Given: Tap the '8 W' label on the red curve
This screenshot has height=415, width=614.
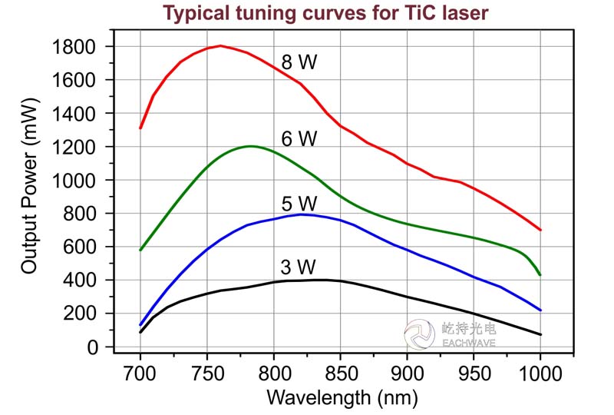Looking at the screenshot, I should point(299,63).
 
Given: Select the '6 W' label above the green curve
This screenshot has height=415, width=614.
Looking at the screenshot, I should point(299,139).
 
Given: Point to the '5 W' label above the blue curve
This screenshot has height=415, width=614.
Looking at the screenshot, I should point(299,204).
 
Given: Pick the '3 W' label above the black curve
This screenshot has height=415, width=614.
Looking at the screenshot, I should point(299,267).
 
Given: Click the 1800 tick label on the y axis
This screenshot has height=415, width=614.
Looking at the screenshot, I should point(74,47).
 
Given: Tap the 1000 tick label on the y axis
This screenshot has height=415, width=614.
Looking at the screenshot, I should point(74,181).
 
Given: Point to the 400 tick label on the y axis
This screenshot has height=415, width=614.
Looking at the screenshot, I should point(81,281).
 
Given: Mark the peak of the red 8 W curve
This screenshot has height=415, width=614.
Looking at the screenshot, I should point(220,46).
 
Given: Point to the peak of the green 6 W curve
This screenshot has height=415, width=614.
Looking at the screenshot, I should point(250,146).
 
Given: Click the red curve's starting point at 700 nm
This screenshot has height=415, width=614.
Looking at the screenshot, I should point(140,128).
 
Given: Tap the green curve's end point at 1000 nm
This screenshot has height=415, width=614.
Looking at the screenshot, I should point(540,274).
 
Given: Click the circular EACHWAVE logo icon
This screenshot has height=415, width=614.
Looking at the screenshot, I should point(420,334).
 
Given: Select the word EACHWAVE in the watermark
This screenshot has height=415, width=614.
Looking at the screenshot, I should point(469,344).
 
